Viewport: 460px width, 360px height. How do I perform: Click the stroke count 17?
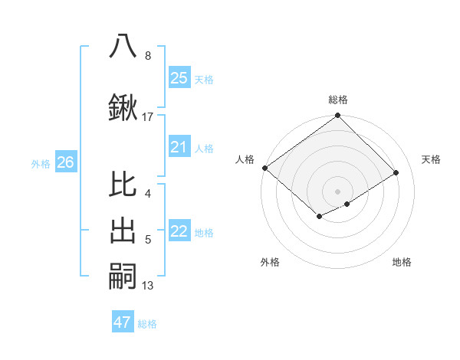[x=148, y=116]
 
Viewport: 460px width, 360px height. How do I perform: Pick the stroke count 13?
[x=148, y=286]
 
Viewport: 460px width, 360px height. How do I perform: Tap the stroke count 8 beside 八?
[x=148, y=56]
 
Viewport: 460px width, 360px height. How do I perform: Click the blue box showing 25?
[x=179, y=77]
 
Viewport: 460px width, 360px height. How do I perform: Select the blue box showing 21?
[x=179, y=146]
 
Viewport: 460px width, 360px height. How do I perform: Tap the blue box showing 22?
[x=179, y=231]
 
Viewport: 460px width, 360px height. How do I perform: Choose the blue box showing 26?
[x=66, y=162]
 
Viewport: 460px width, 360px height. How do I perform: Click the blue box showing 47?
[x=123, y=322]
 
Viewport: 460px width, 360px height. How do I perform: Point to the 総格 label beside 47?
[x=147, y=324]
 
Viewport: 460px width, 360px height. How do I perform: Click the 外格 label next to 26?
[x=41, y=163]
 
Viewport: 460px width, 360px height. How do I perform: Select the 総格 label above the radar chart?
[x=338, y=100]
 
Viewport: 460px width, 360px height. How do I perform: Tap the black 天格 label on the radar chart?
[x=431, y=159]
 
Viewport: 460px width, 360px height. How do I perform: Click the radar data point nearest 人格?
[x=264, y=168]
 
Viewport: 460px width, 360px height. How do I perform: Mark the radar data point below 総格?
[x=337, y=116]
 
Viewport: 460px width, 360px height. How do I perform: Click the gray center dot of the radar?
[x=337, y=191]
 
